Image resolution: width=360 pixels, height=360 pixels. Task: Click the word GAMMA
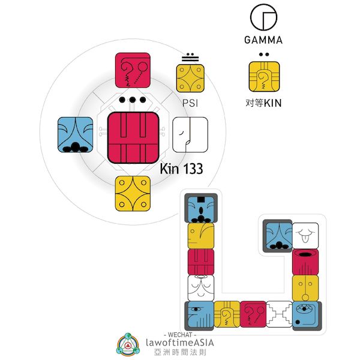tap(263, 41)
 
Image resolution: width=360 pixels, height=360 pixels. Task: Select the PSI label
tap(190, 103)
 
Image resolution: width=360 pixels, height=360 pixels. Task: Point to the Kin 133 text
tap(181, 169)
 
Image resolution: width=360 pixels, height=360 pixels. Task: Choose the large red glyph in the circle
tap(133, 137)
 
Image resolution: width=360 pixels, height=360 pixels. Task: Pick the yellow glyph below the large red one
tap(133, 194)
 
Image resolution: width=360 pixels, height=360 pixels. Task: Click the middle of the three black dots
tap(133, 100)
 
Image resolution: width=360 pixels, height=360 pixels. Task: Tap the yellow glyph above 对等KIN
tap(263, 76)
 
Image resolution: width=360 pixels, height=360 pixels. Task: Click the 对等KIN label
tap(263, 103)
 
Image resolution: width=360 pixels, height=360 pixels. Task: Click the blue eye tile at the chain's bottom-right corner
tap(305, 314)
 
